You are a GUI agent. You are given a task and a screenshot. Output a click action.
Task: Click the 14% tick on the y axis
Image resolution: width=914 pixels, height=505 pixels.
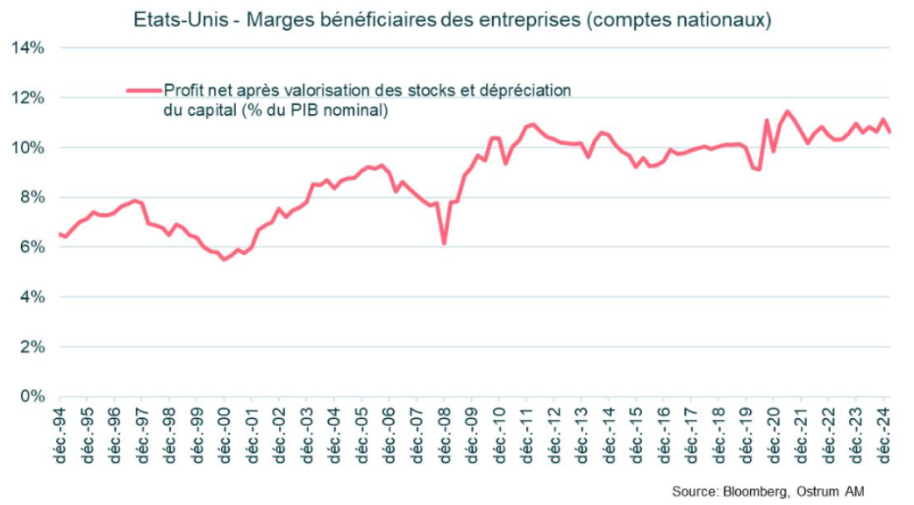pos(27,47)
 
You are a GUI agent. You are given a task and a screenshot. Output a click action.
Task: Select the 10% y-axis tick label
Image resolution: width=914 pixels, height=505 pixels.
pos(27,147)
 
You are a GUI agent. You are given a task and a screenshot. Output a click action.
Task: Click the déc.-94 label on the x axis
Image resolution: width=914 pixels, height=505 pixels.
pos(59,435)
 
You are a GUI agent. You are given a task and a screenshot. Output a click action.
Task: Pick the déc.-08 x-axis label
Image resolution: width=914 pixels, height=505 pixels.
pos(445,435)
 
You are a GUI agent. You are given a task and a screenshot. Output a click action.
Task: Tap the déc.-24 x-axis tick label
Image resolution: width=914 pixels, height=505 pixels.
pos(885,435)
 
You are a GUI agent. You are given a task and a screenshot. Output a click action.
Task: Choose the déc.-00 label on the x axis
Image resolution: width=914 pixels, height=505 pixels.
pos(224,435)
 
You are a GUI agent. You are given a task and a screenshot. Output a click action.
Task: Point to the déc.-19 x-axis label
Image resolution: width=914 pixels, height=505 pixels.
pos(747,435)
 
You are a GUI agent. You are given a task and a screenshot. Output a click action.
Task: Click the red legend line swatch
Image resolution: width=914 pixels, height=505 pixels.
pos(144,90)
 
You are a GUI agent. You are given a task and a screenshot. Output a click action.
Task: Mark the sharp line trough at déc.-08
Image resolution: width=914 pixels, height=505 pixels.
pos(444,243)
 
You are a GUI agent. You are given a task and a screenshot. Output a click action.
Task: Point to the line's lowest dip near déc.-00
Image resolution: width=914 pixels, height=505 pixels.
pos(224,260)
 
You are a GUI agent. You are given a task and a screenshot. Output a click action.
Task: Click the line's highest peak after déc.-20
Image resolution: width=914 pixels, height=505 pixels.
pos(788,111)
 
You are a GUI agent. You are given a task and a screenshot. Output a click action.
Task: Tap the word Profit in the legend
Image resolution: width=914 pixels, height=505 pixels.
pos(182,89)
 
